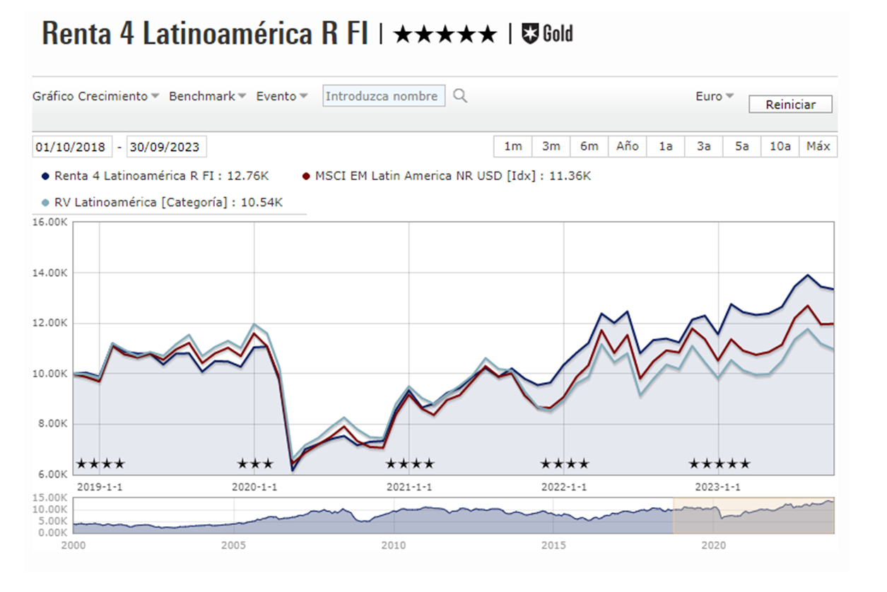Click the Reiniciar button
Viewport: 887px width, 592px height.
790,105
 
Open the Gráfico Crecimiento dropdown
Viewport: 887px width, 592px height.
95,96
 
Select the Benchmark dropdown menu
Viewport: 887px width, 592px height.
207,96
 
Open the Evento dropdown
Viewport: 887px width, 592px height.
281,96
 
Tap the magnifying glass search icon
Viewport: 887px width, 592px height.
460,96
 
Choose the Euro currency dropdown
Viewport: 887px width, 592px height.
714,96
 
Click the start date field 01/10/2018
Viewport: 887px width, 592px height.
71,147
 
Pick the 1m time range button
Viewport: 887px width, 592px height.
512,146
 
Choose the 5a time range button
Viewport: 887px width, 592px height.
741,146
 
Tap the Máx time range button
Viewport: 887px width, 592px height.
818,146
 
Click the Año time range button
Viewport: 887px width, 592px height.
627,146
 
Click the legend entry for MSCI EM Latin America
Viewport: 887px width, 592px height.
446,176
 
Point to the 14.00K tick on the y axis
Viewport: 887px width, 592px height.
51,273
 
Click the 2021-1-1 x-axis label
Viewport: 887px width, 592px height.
409,487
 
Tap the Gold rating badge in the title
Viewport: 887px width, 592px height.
547,33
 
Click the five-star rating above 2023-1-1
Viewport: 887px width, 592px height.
719,464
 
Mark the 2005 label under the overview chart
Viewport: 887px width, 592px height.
233,545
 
